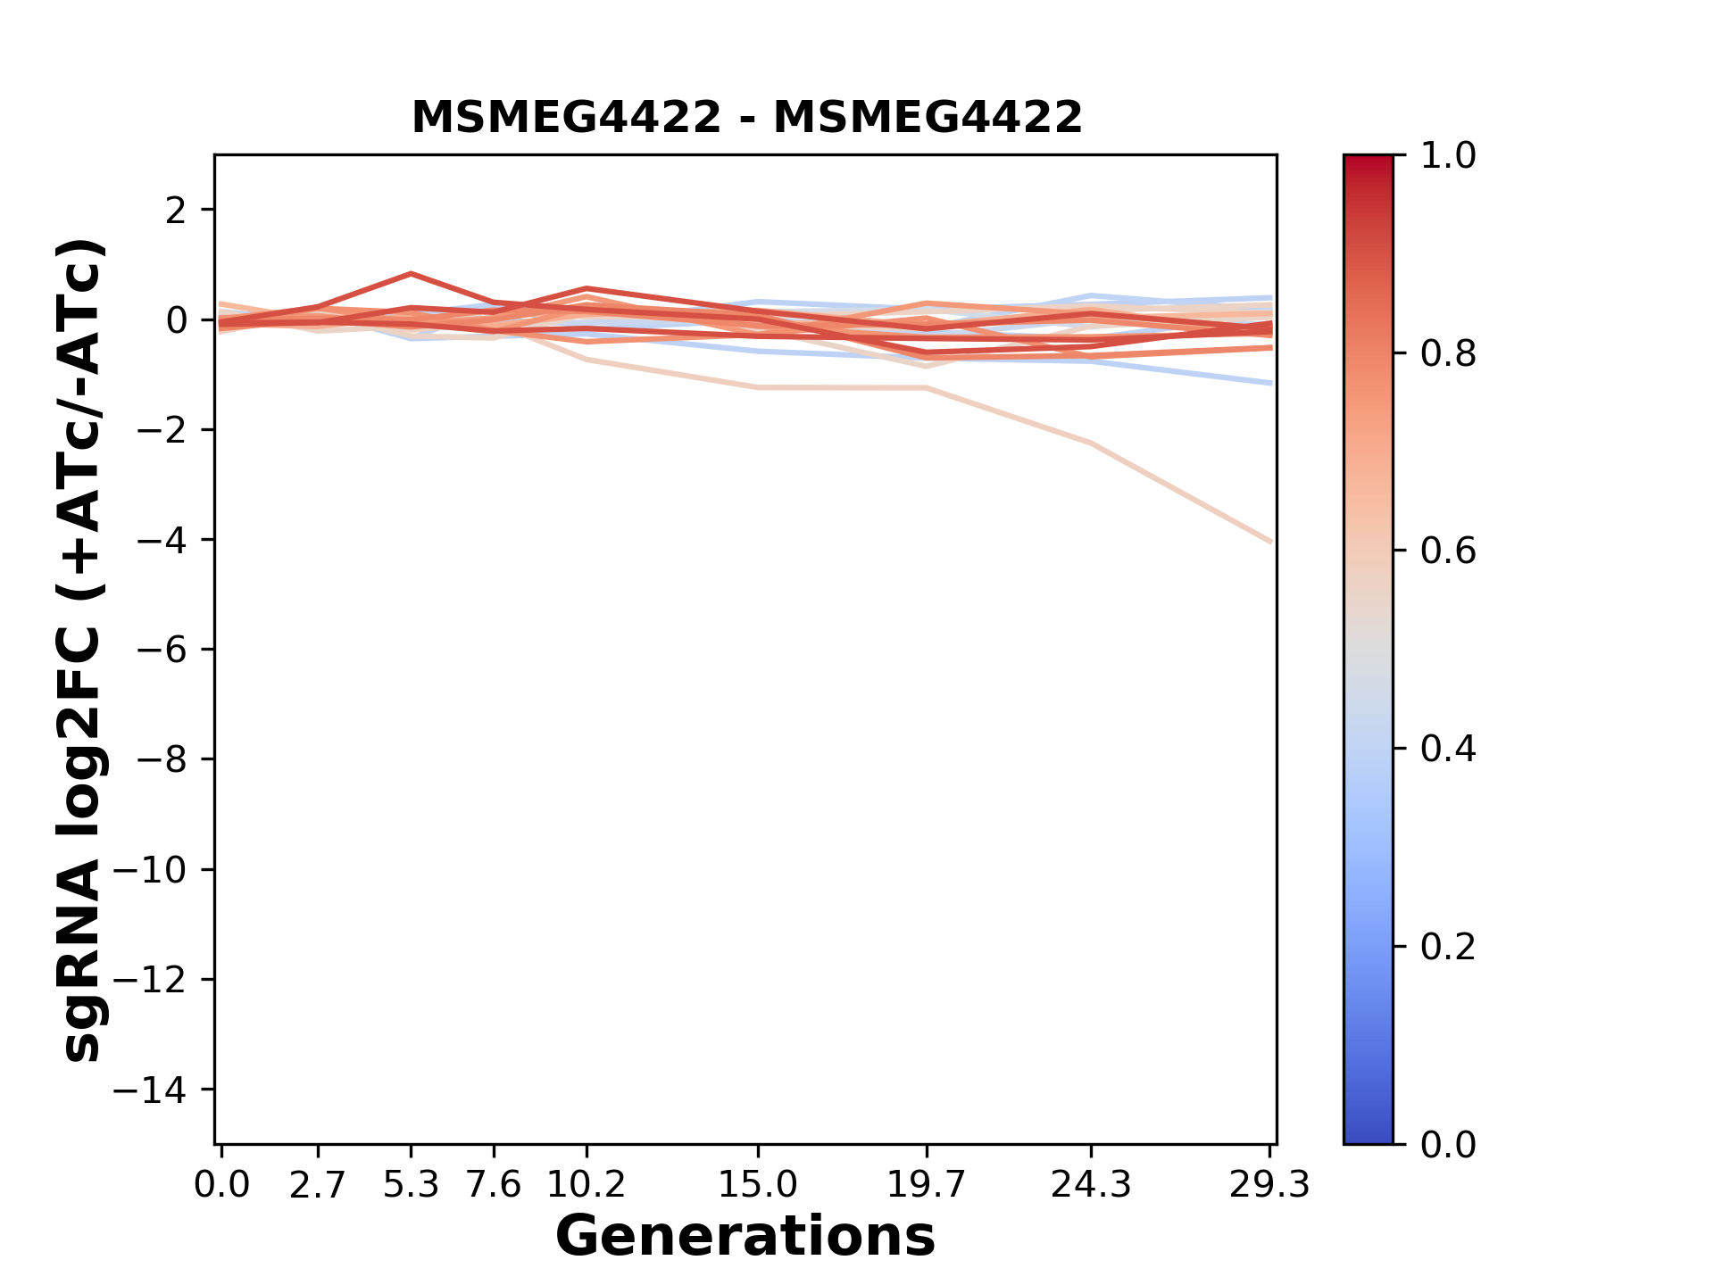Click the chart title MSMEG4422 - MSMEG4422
[x=746, y=118]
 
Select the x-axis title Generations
[x=745, y=1237]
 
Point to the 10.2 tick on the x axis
[x=586, y=1185]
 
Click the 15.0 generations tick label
[x=757, y=1185]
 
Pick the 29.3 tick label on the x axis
[x=1269, y=1185]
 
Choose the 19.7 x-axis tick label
[x=927, y=1185]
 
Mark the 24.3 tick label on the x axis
[x=1090, y=1185]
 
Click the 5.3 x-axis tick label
[x=411, y=1185]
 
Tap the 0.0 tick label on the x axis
[x=222, y=1185]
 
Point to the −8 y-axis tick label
[x=161, y=759]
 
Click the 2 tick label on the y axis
[x=176, y=211]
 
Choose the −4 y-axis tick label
[x=161, y=540]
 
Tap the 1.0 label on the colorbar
[x=1448, y=156]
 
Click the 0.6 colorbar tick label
[x=1448, y=551]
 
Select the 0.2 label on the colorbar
[x=1448, y=947]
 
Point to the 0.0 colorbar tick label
[x=1448, y=1144]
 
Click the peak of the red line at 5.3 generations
[x=411, y=274]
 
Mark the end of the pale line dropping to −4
[x=1269, y=541]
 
